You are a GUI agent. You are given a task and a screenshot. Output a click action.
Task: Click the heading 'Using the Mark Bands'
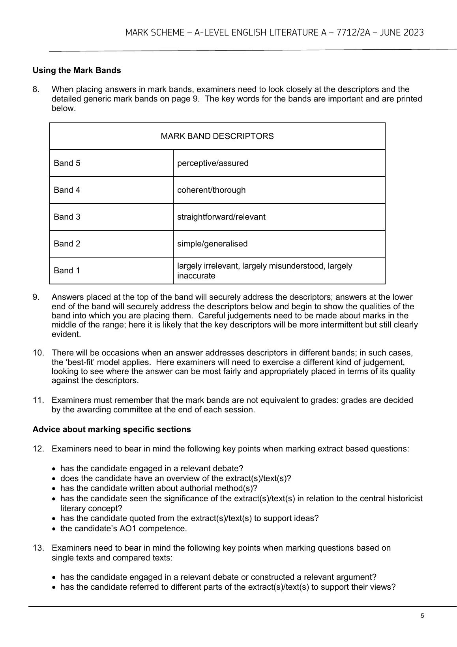77,70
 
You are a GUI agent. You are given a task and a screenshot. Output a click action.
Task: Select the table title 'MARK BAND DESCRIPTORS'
217,136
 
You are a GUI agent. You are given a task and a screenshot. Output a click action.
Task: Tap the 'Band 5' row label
67,163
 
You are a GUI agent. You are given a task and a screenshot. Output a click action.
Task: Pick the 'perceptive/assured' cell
213,163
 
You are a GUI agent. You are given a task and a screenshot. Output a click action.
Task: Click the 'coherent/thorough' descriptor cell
211,190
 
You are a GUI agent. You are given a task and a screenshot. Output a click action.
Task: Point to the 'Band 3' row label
67,217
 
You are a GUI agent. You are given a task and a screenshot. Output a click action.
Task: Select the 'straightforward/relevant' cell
221,217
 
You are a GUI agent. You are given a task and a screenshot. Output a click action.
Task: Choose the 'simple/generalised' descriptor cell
212,244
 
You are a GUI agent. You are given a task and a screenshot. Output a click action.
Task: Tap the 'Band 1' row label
67,271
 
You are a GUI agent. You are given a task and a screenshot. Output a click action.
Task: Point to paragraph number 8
36,89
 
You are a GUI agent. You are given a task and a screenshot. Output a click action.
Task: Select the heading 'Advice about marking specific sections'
112,429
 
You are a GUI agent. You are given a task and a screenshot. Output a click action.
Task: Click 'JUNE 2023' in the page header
402,32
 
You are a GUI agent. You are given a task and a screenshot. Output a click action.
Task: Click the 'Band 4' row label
67,190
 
